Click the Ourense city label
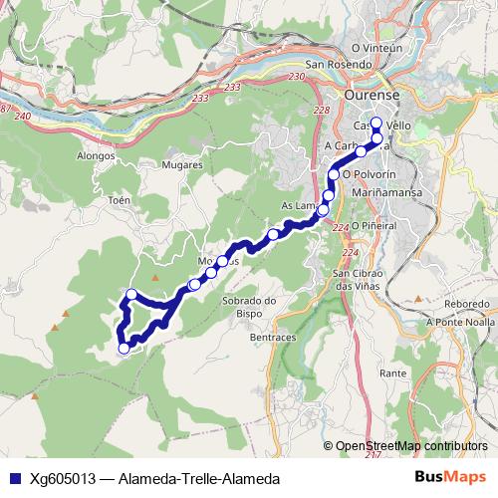tap(371, 95)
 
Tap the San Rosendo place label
tap(339, 65)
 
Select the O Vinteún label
tap(375, 47)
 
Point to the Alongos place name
tap(96, 156)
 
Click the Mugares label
tap(181, 165)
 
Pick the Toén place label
tap(119, 200)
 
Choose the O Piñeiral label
tap(373, 225)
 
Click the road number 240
tap(23, 117)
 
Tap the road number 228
tap(321, 111)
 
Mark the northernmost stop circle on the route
tap(375, 124)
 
